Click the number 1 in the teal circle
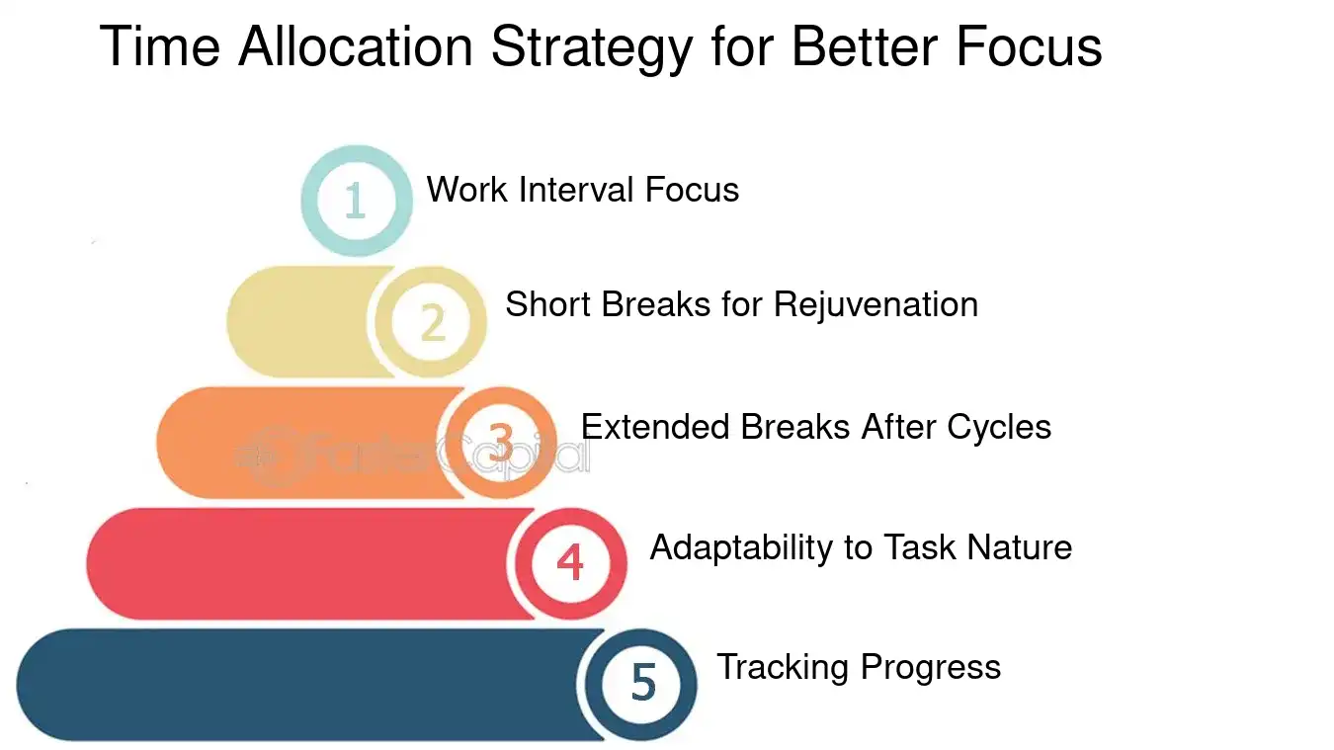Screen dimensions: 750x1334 click(x=356, y=201)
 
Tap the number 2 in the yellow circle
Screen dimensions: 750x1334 click(x=432, y=322)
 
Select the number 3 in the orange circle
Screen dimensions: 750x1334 click(x=501, y=443)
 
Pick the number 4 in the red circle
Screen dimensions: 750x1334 click(x=570, y=563)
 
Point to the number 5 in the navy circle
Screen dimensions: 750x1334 click(x=642, y=683)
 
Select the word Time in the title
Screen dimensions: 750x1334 click(x=159, y=47)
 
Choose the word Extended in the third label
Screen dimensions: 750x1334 click(x=655, y=427)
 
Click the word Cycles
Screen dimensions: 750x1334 click(x=999, y=427)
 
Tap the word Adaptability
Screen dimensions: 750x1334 click(x=741, y=547)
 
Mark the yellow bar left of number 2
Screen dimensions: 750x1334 click(x=296, y=322)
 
